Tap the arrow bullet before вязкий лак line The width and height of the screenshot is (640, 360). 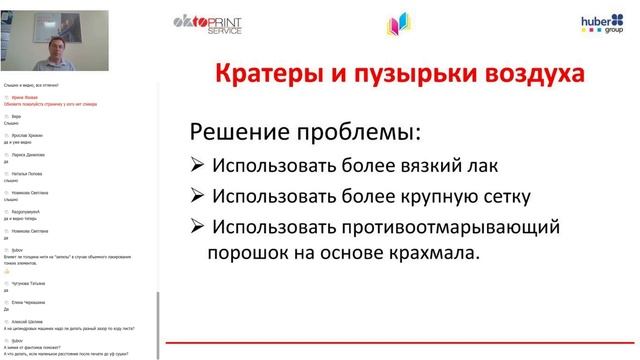195,165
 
